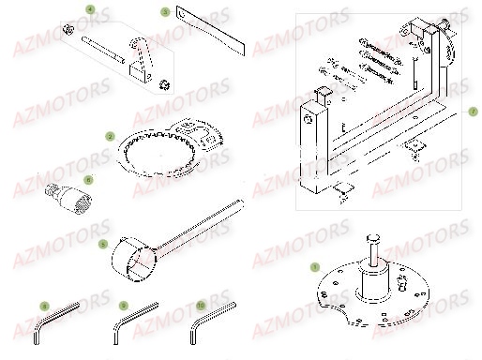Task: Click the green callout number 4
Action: click(90, 9)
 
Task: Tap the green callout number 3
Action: click(165, 13)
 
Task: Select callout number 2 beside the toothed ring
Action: click(110, 137)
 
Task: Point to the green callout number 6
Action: click(88, 178)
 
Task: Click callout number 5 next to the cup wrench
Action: click(102, 243)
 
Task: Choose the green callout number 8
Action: click(43, 306)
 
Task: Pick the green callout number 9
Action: click(123, 306)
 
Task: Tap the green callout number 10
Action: click(201, 306)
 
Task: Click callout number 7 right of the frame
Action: click(474, 111)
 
